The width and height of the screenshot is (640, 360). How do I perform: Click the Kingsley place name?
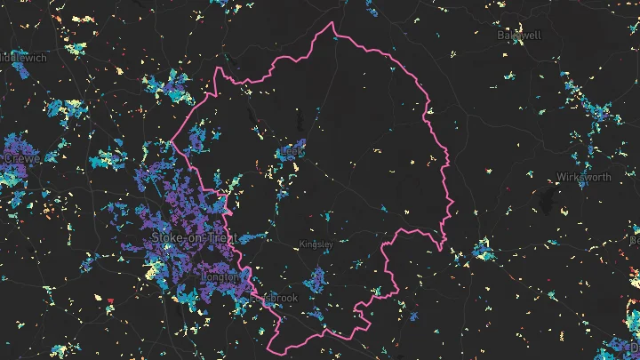click(316, 244)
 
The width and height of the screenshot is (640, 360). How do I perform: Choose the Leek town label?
click(292, 151)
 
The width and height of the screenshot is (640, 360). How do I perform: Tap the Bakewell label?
click(520, 36)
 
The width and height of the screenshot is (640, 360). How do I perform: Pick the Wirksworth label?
click(584, 177)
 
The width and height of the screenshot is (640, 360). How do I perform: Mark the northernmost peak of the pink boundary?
click(332, 23)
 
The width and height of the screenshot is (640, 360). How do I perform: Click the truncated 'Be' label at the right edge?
click(634, 240)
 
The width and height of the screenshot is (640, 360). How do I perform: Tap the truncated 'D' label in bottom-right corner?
click(634, 347)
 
